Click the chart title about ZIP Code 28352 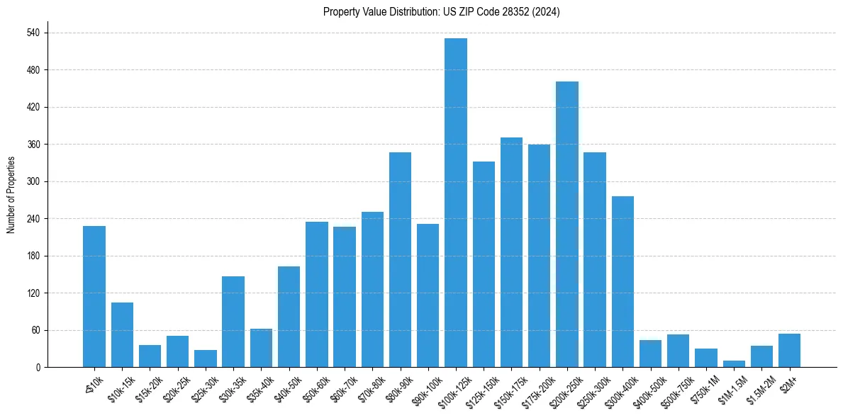click(x=441, y=12)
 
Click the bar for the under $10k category click(x=94, y=297)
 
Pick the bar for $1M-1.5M click(x=734, y=364)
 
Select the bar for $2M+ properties click(x=789, y=351)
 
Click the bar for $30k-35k click(x=233, y=322)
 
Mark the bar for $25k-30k click(x=205, y=358)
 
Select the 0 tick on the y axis click(x=38, y=368)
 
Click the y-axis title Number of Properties click(x=11, y=195)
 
